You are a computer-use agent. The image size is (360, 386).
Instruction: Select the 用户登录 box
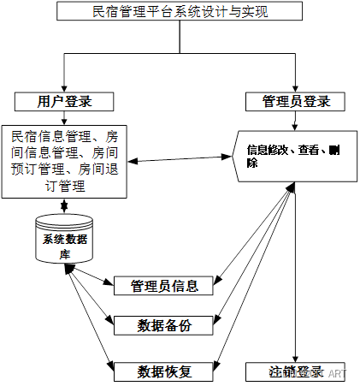[65, 100]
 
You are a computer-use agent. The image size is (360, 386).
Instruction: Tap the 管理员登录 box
[294, 102]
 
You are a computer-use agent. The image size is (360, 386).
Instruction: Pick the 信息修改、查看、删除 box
[294, 156]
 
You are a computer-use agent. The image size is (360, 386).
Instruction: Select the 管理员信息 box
[164, 285]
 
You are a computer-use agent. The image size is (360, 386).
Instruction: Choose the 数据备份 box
[164, 324]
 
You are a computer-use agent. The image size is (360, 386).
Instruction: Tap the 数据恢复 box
[164, 371]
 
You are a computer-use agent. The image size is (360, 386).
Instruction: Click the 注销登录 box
[295, 371]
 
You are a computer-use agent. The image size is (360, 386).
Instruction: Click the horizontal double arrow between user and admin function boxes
[180, 158]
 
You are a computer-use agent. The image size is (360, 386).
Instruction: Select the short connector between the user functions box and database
[66, 205]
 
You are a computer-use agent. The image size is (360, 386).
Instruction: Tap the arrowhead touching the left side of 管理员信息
[109, 283]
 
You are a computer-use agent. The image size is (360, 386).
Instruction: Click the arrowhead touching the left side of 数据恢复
[109, 366]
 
